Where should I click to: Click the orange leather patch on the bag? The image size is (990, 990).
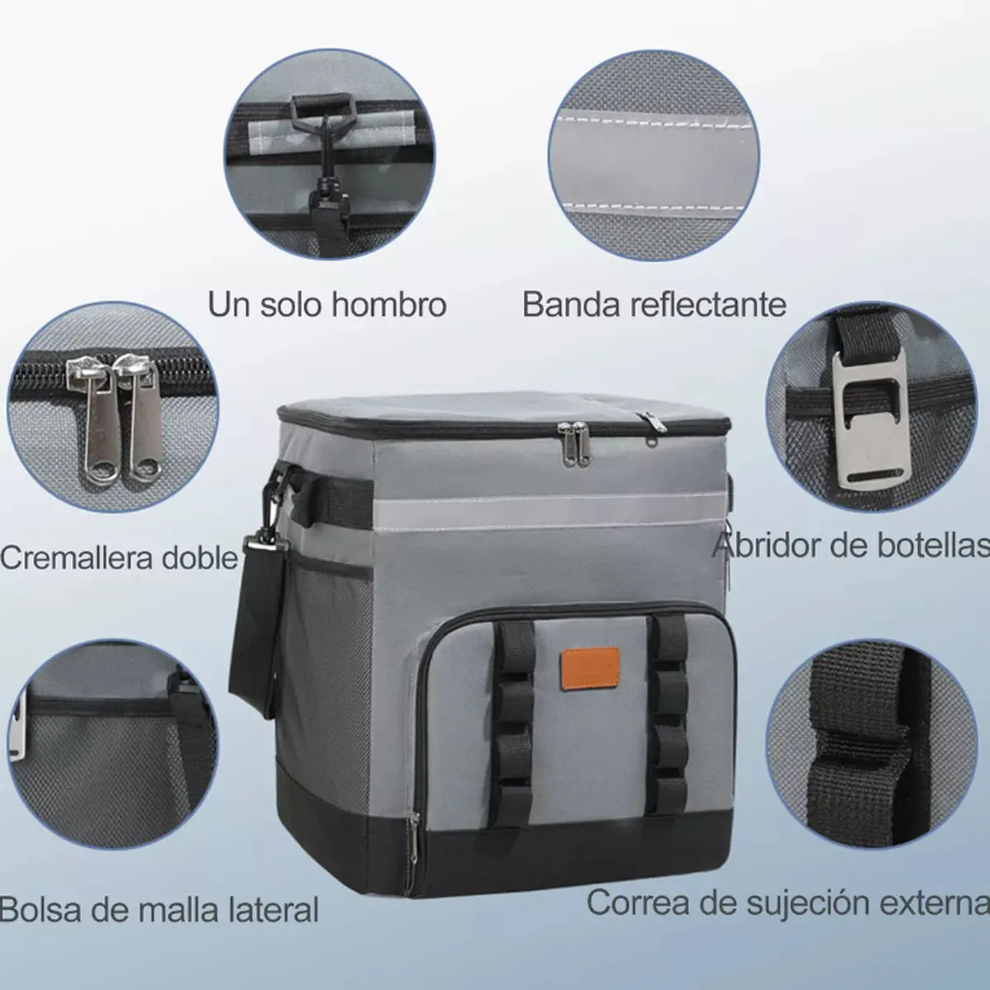590,667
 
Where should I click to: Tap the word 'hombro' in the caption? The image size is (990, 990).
389,304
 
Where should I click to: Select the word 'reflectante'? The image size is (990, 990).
708,305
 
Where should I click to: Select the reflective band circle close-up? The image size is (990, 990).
654,155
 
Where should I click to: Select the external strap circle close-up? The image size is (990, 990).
872,746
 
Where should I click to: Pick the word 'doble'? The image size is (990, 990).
200,558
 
